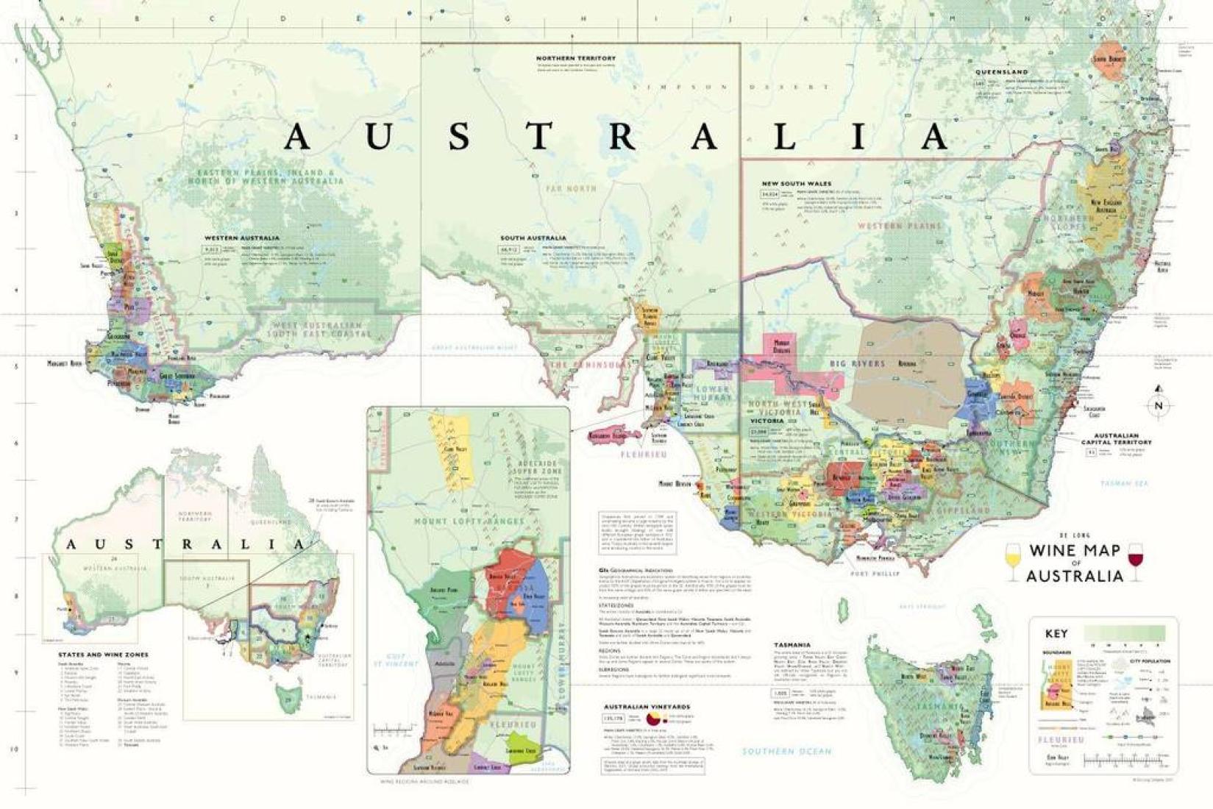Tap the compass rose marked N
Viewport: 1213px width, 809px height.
1159,404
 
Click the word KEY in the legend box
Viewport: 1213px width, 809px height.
1056,633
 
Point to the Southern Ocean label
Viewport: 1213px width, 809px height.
786,751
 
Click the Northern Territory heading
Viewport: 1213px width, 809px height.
575,58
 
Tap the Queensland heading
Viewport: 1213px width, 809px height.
1001,72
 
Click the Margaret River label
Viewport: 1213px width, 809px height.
65,363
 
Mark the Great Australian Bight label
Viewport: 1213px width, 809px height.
472,347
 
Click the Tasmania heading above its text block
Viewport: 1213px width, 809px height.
792,644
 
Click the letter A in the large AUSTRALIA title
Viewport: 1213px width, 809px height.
297,137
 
